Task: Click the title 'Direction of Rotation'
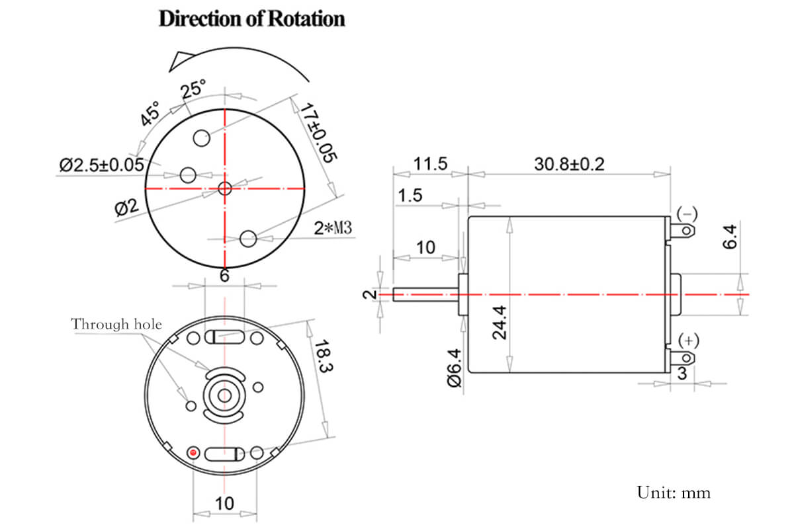coord(251,19)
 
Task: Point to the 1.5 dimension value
coord(410,196)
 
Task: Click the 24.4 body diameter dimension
coord(500,322)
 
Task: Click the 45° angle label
coord(151,114)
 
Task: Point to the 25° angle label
coord(194,88)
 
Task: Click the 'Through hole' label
coord(116,324)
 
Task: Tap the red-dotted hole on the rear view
coord(193,452)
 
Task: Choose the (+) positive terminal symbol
coord(688,340)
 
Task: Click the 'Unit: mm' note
coord(674,493)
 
